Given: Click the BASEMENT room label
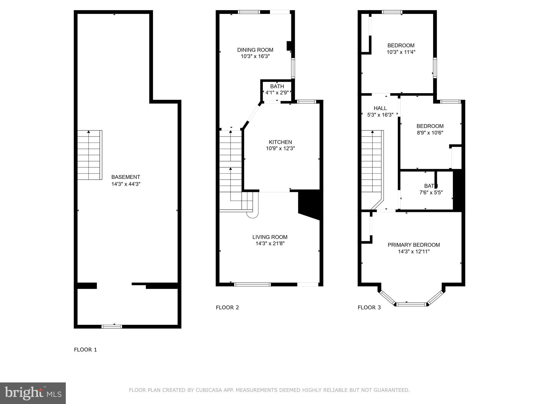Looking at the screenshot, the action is point(126,177).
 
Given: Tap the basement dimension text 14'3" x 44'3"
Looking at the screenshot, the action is point(126,184).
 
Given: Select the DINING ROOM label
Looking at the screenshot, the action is point(255,50).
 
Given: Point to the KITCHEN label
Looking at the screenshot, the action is point(280,142).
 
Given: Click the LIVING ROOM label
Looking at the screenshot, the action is point(270,237).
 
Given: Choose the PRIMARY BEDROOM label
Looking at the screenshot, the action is point(414,245).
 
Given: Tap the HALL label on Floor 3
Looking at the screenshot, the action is point(380,108).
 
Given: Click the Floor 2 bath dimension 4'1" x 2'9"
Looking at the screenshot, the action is point(277,93).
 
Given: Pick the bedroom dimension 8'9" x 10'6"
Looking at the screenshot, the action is point(430,133).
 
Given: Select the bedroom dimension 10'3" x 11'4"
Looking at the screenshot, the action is point(401,52).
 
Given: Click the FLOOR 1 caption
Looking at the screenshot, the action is point(86,350).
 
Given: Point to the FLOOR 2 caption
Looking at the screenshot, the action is point(227,307).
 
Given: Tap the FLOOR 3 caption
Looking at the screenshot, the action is point(369,307).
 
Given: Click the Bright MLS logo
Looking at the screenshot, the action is point(33,393).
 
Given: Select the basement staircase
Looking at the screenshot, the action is point(90,155).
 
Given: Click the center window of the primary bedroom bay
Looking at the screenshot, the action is point(411,304).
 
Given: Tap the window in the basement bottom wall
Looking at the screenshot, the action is point(112,327).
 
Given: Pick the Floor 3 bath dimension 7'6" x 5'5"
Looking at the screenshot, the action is point(431,193).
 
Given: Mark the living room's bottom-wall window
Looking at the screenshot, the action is point(252,284).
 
